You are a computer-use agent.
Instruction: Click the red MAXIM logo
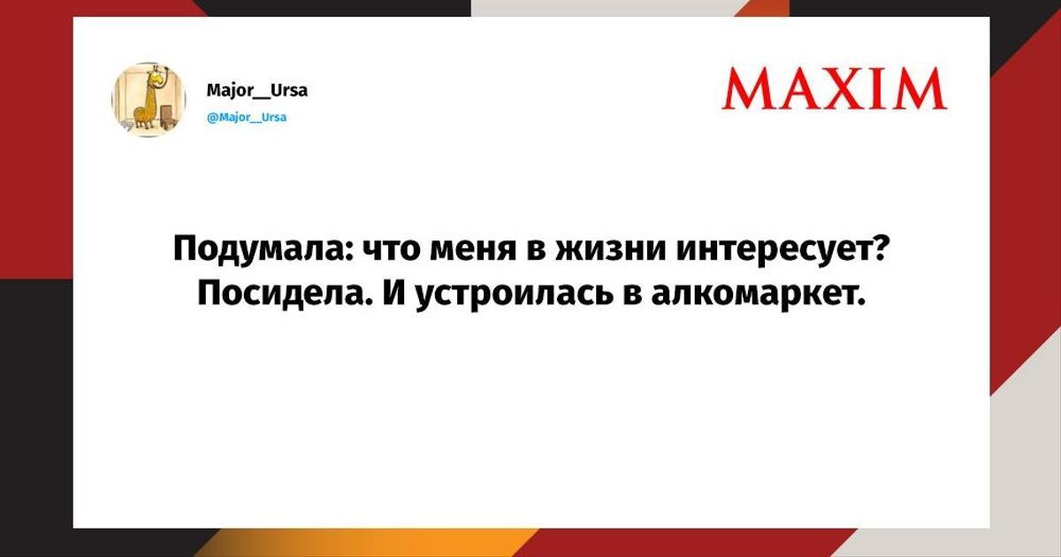[x=835, y=89]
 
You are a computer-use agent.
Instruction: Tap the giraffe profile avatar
[x=149, y=100]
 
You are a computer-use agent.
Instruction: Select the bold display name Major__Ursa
[x=257, y=90]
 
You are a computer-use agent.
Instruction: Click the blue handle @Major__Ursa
[x=247, y=117]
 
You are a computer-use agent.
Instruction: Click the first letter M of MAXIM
[x=747, y=89]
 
